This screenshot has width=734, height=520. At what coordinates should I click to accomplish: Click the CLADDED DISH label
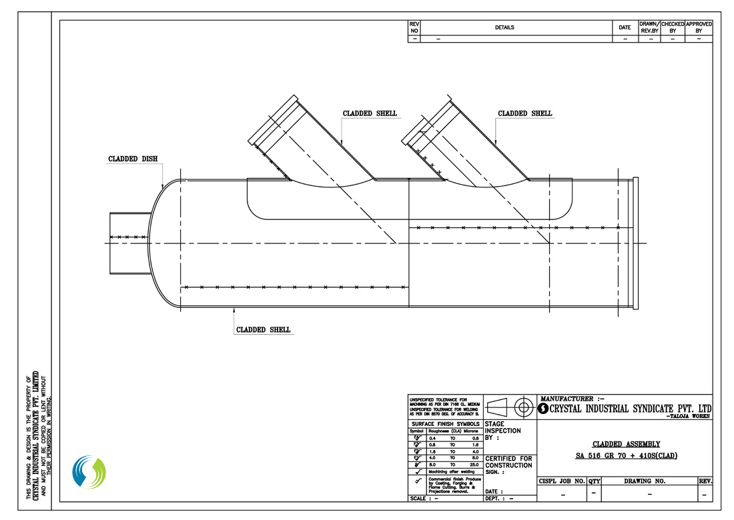(133, 159)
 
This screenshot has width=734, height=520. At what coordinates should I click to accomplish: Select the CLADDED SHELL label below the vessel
(264, 330)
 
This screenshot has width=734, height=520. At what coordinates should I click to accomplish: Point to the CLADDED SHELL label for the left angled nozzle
(370, 113)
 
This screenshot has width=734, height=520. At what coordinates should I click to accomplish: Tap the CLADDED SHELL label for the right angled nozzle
(525, 113)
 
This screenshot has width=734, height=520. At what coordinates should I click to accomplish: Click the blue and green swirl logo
(89, 472)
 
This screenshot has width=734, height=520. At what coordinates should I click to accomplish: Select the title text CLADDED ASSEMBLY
(626, 444)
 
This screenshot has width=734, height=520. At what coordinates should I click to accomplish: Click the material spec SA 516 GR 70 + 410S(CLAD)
(626, 456)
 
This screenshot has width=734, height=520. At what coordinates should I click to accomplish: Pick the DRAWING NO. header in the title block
(649, 481)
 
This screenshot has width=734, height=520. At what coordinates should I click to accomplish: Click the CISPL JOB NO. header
(561, 481)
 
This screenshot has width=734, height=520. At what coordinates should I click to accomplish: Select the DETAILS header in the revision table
(504, 27)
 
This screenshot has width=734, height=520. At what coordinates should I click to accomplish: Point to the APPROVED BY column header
(699, 27)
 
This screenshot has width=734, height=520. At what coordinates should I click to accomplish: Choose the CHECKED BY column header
(673, 27)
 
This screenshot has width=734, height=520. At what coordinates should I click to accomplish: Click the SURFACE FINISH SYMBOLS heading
(445, 424)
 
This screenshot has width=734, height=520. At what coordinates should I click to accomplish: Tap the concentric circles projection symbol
(524, 406)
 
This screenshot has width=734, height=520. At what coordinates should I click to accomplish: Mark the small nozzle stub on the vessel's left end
(129, 243)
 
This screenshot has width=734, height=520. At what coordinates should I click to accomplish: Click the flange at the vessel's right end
(635, 243)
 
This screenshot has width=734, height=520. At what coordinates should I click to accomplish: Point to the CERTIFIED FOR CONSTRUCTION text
(508, 462)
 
